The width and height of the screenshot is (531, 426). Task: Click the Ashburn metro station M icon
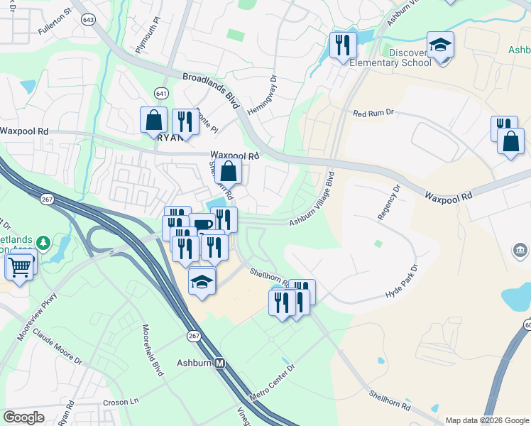[x=220, y=363]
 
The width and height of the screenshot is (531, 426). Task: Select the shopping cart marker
[x=20, y=267]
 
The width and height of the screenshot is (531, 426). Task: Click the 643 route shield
[x=88, y=20]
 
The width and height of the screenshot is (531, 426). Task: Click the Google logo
[x=23, y=417]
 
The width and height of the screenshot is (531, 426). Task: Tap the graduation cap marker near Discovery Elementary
[x=440, y=46]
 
